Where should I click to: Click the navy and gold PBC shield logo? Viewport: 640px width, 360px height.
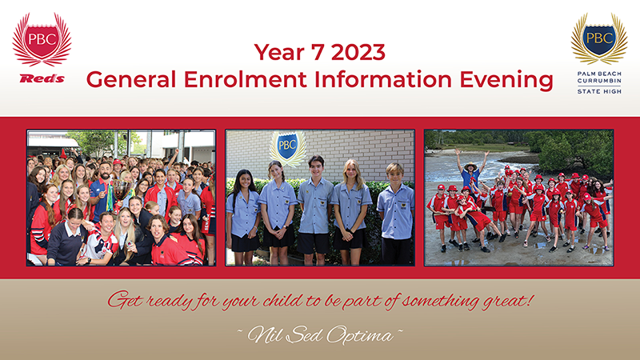pos(599,38)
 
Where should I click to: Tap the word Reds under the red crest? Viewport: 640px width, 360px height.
pos(42,78)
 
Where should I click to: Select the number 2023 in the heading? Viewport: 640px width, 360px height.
pos(358,53)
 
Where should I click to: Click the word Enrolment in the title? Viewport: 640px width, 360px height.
pos(245,79)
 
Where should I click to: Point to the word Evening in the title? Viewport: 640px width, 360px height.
pos(506,80)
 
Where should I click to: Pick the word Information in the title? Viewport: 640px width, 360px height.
pos(383,79)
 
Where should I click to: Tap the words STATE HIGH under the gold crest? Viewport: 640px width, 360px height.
pos(599,91)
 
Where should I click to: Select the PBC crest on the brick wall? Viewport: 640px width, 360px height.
pos(287,147)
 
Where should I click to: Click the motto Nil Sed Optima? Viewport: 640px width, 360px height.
pos(320,335)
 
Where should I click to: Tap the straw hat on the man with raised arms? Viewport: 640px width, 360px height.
pos(470,166)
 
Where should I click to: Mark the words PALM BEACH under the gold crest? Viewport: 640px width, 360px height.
pos(599,74)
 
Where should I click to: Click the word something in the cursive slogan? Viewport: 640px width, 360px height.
pos(438,302)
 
